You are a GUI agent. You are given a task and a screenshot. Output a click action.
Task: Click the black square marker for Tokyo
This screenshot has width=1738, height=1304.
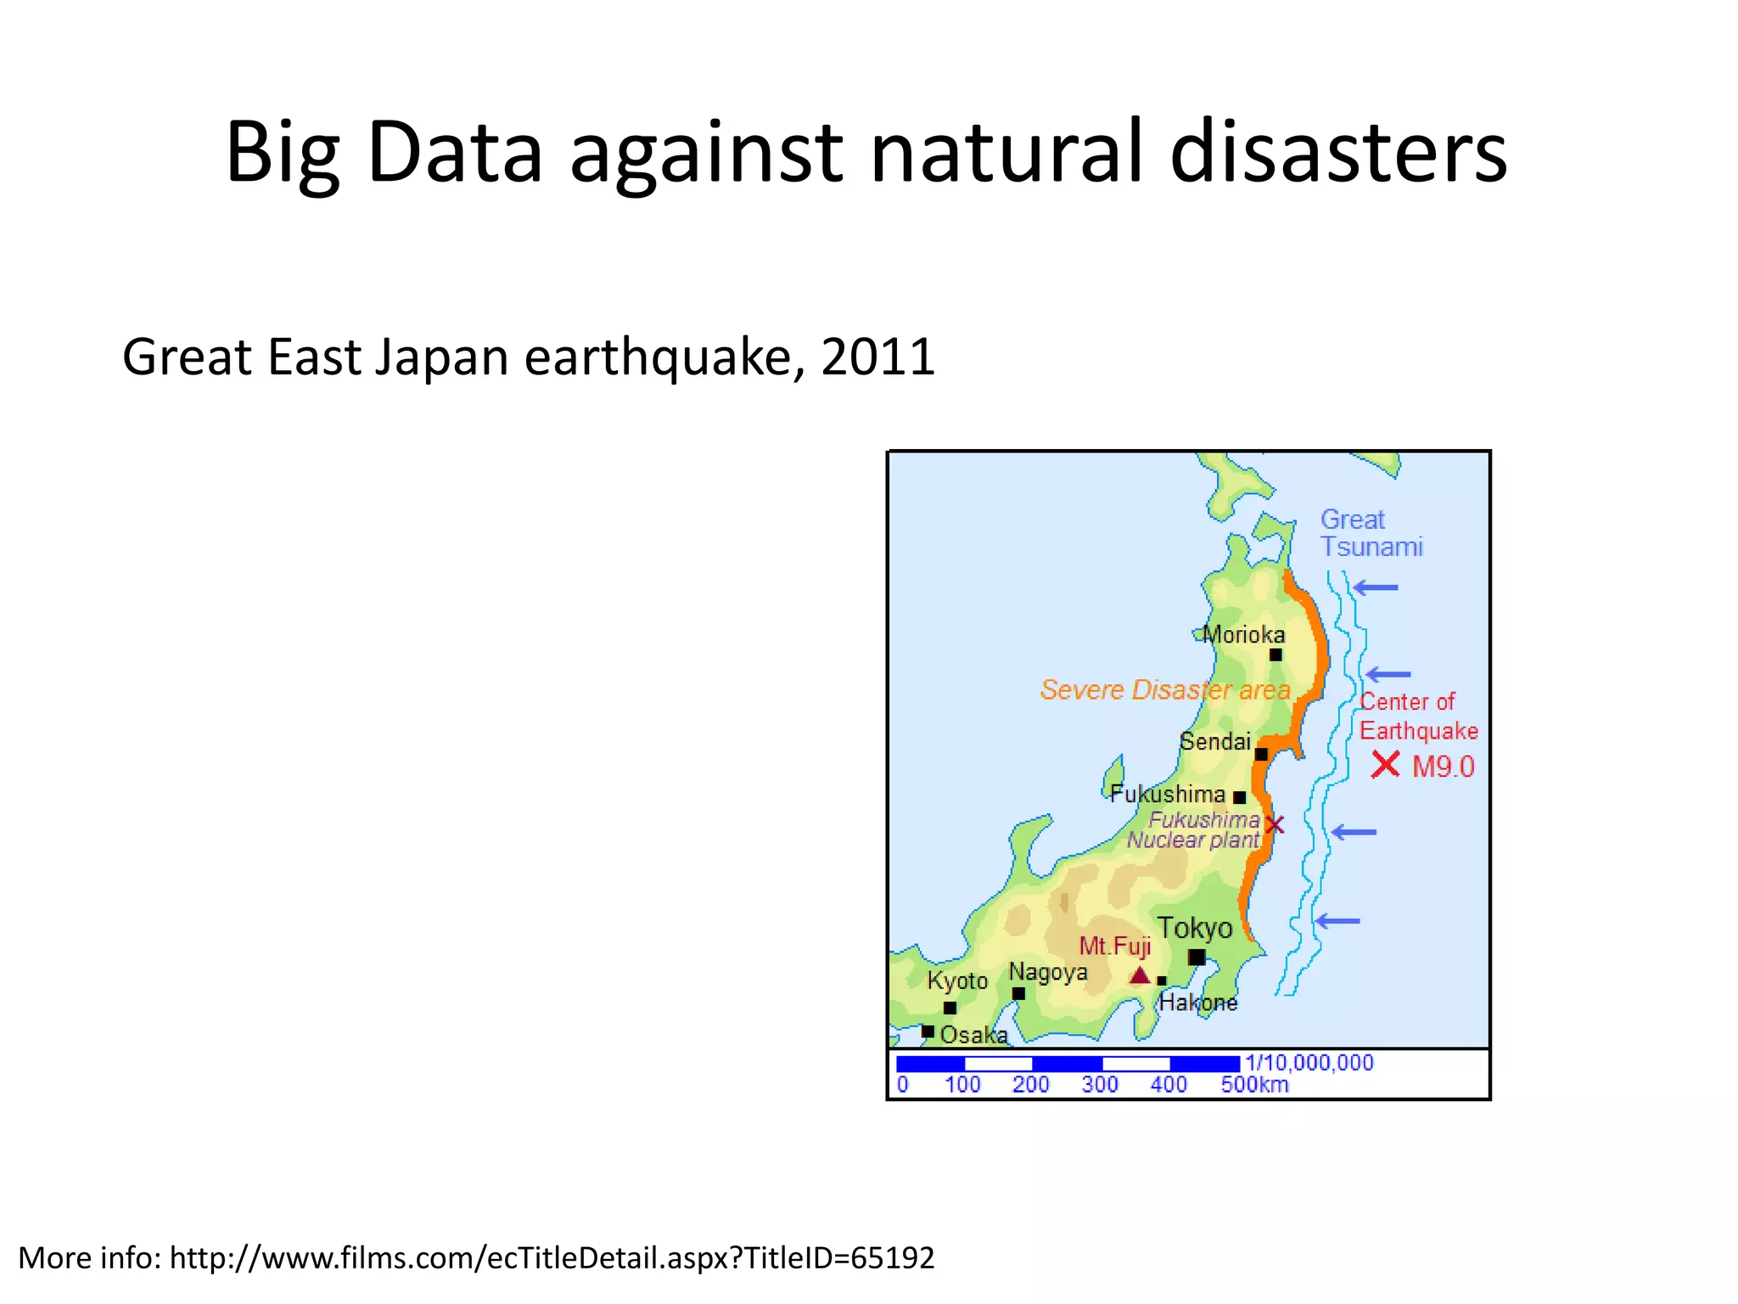coord(1197,958)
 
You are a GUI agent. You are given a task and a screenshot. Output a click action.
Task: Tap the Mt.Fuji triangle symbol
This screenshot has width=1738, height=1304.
coord(1140,975)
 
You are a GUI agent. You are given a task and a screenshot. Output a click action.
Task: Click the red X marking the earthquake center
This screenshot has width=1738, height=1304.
coord(1385,765)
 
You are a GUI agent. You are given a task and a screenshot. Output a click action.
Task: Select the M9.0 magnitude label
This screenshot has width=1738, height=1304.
coord(1444,767)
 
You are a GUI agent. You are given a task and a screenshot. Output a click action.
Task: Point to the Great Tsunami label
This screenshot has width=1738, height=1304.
coord(1371,533)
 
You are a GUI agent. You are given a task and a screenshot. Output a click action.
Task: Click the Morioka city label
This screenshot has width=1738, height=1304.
coord(1244,634)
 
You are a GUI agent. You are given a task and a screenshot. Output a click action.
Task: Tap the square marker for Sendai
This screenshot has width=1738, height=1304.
coord(1261,754)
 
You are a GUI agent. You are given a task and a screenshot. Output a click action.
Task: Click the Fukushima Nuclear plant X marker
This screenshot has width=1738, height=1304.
coord(1275,824)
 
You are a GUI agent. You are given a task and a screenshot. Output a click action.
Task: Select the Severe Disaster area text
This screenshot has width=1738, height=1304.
coord(1165,689)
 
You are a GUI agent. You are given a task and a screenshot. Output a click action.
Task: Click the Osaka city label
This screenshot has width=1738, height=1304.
coord(974,1035)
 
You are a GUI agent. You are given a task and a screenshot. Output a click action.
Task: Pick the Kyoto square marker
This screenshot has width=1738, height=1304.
coord(950,1008)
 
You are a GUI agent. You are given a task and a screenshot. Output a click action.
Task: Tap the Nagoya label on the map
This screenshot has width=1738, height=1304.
coord(1048,972)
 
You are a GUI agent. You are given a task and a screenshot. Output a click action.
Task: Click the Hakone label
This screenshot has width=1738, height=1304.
coord(1198,1003)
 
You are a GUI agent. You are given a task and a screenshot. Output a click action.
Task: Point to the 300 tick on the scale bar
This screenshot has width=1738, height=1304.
coord(1100,1084)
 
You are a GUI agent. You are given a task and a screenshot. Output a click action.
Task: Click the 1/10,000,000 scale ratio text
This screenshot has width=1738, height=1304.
coord(1309,1062)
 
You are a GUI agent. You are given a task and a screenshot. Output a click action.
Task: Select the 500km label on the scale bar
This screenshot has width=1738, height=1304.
coord(1254,1084)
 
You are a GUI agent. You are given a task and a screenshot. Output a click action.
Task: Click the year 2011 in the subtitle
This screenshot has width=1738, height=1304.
coord(878,357)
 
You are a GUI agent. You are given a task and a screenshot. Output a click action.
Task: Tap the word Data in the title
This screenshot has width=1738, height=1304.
coord(455,153)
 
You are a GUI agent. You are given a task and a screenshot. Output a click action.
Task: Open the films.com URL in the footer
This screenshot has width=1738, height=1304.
coord(552,1257)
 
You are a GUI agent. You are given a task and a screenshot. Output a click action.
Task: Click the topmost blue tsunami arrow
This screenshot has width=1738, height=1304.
coord(1376,587)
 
